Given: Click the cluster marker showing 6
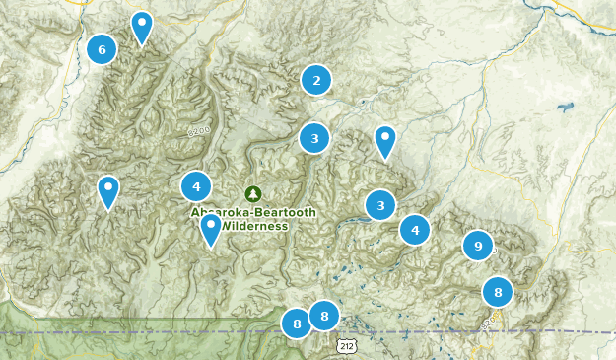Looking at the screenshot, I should [x=102, y=48].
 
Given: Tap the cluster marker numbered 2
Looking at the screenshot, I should [x=316, y=80].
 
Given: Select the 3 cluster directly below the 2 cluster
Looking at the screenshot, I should [x=314, y=138].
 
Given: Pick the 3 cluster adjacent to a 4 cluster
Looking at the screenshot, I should [x=380, y=205].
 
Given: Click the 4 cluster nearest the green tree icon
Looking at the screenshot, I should [x=196, y=185].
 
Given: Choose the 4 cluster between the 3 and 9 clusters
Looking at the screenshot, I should [x=415, y=230].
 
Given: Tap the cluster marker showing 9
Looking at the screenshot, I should [x=478, y=245].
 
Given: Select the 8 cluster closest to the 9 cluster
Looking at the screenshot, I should [x=498, y=292].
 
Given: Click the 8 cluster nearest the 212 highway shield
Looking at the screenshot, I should [x=324, y=316].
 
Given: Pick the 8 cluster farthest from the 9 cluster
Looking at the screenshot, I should [x=297, y=323].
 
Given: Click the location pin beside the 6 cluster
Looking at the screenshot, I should [x=142, y=27].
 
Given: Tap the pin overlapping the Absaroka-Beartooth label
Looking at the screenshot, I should [x=210, y=229].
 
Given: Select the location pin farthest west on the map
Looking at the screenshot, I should [x=107, y=190].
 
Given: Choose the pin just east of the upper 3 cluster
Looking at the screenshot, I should [x=385, y=141].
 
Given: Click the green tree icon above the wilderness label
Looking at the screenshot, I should [x=253, y=193].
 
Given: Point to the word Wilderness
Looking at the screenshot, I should [x=254, y=226].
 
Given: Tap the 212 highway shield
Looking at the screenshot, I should [x=345, y=346].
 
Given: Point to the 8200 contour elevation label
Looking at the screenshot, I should [x=200, y=129].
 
